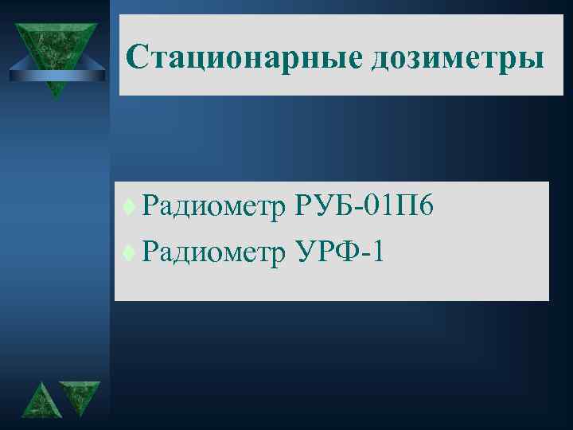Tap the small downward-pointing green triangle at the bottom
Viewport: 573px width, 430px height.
tap(80, 395)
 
